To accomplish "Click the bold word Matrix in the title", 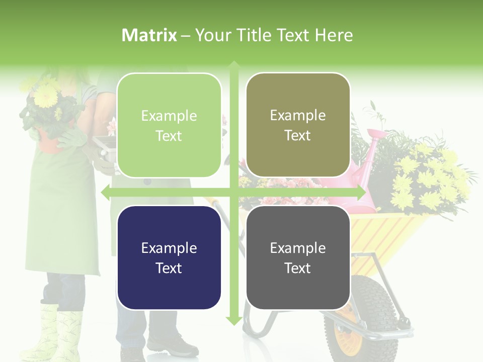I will [x=149, y=35].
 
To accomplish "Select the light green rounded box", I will [x=169, y=125].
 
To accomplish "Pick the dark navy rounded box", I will [x=169, y=257].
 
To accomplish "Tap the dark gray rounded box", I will [x=298, y=257].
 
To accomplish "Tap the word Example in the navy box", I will [x=169, y=248].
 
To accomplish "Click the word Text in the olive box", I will [x=298, y=135].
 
